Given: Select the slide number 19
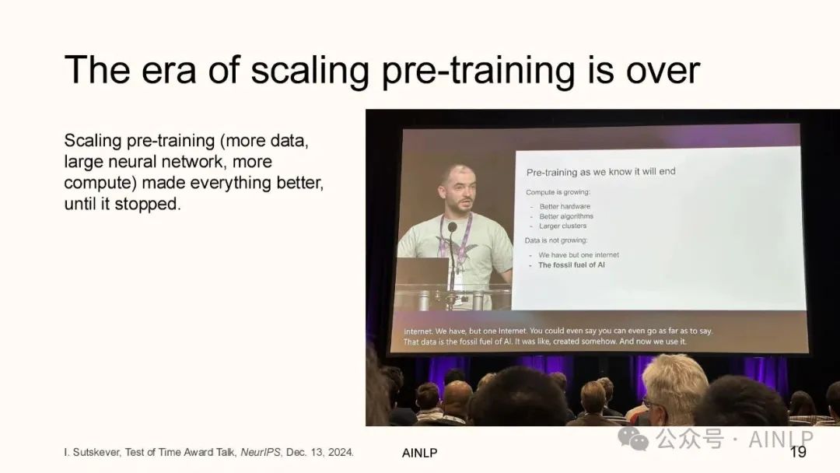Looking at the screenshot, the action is point(798,452).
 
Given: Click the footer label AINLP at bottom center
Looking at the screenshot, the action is point(419,454).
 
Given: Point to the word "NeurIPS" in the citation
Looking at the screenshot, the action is point(261,452).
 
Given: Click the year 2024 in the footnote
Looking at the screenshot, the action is point(341,452).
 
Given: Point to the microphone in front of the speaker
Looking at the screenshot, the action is point(452,227).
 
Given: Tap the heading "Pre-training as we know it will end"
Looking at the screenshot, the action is point(600,172).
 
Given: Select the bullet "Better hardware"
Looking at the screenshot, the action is point(565,206).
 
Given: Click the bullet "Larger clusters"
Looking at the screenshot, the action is point(562,226).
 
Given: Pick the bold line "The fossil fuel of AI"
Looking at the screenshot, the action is point(571,265).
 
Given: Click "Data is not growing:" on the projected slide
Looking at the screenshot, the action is point(556,240).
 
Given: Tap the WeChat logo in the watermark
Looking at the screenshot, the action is point(632,439).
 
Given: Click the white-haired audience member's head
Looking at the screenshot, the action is point(674,380).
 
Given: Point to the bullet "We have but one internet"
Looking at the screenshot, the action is point(579,255).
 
